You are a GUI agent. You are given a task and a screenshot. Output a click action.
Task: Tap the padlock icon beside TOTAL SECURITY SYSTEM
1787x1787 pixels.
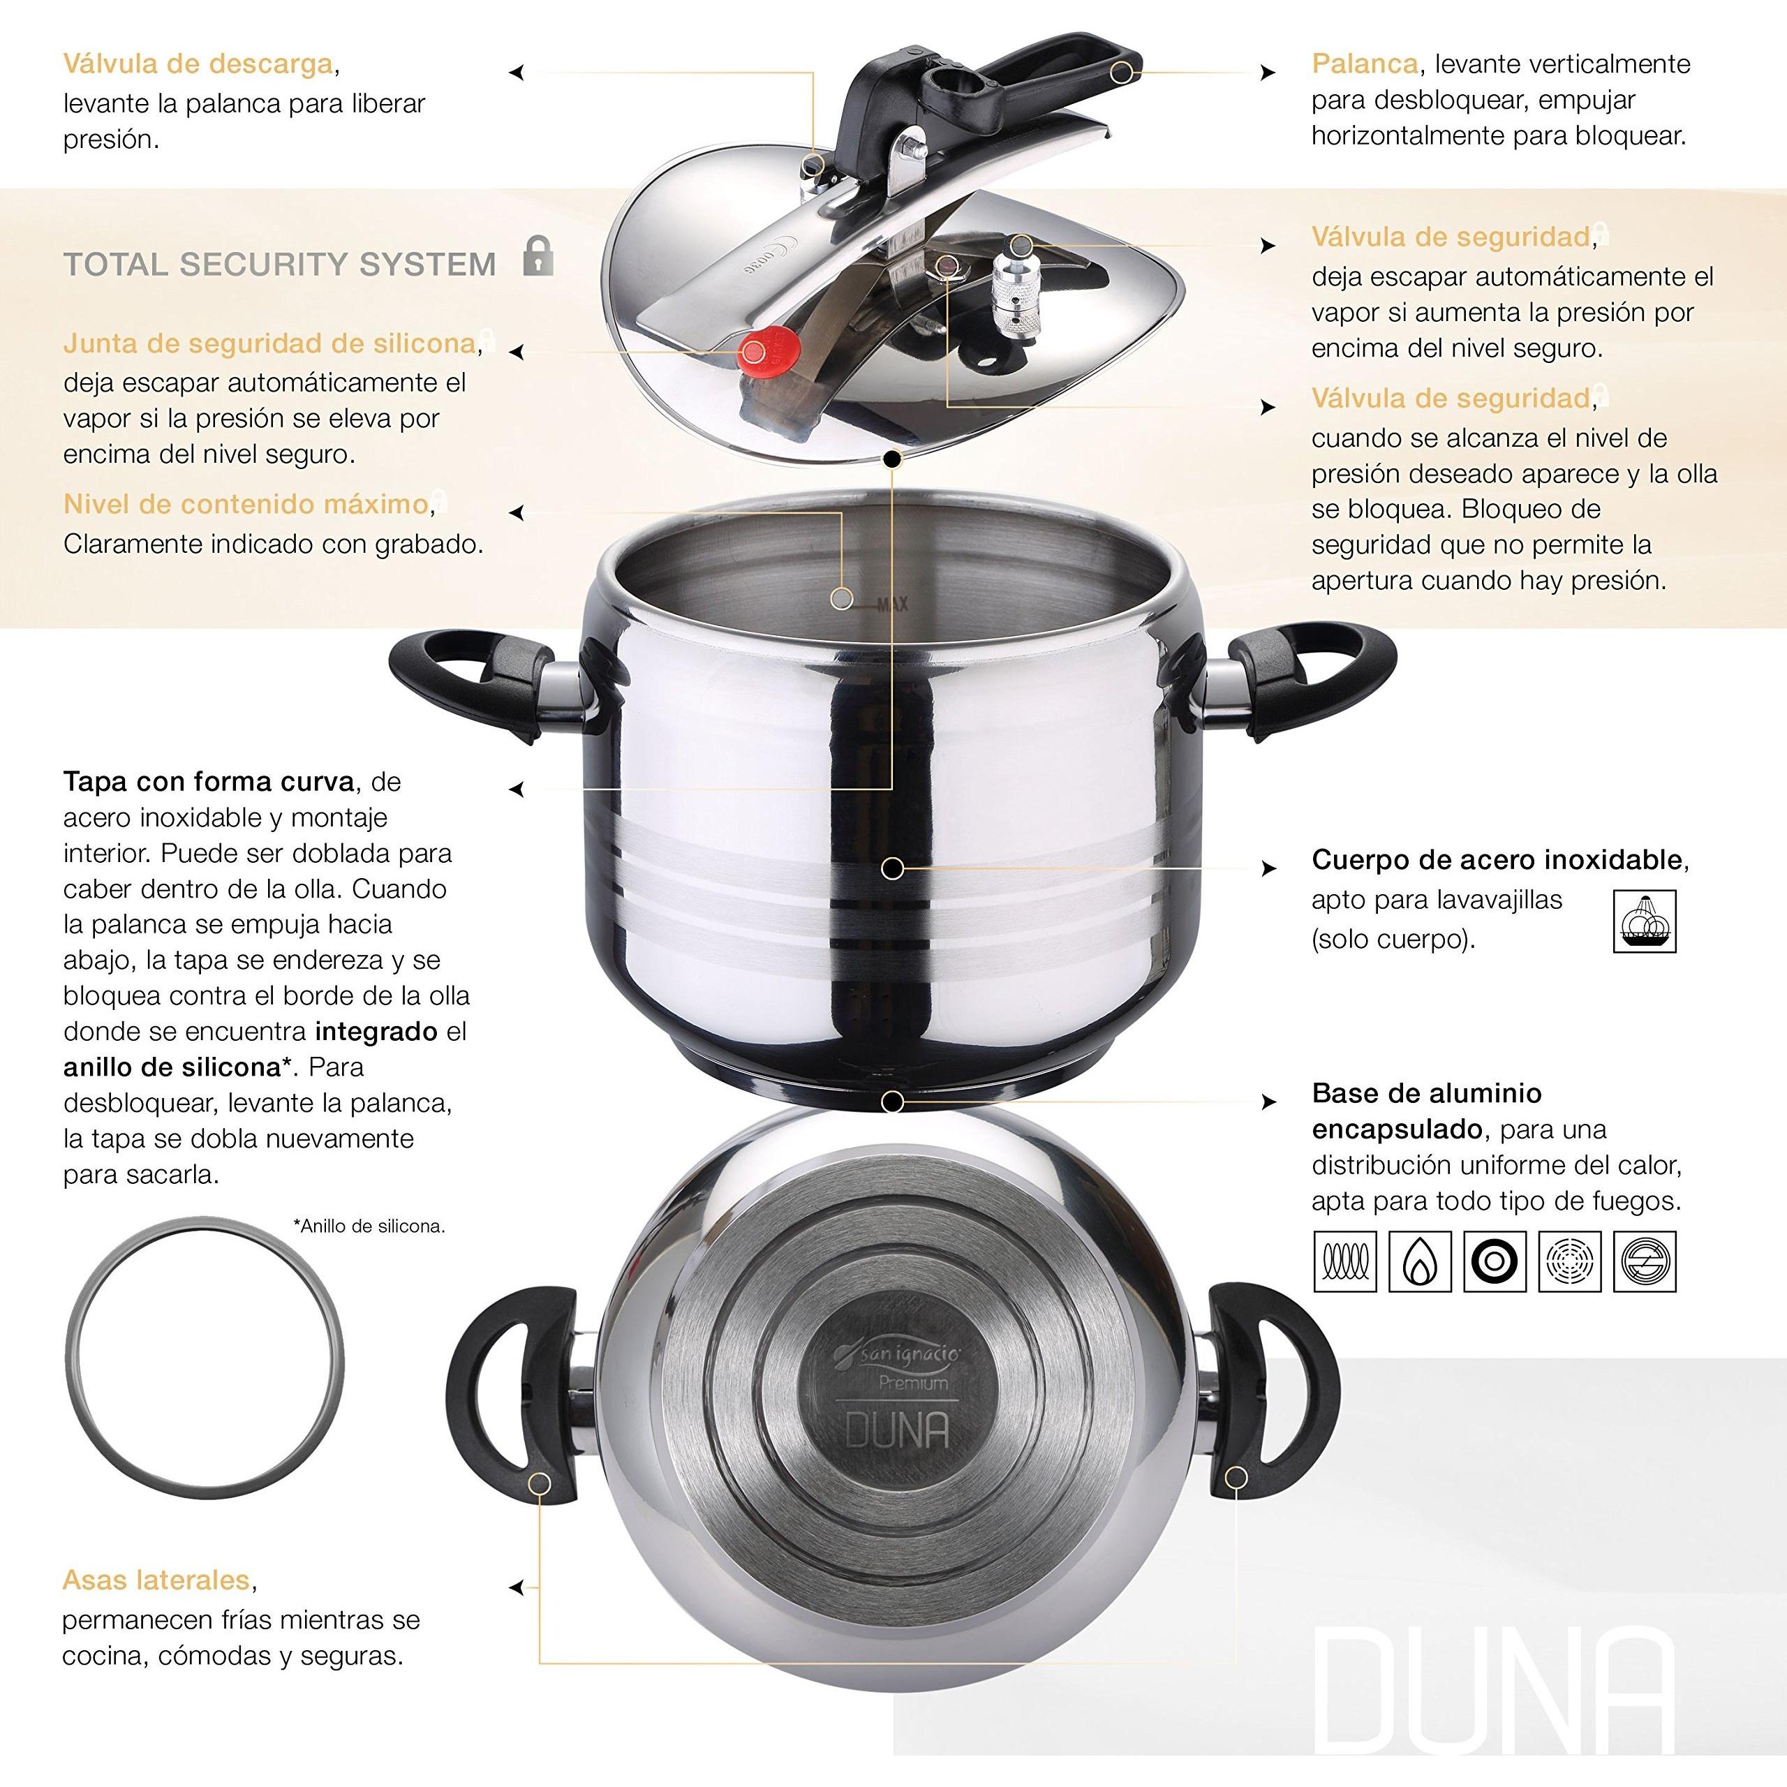tap(537, 256)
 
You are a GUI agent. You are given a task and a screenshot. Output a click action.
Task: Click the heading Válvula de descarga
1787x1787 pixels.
tap(198, 64)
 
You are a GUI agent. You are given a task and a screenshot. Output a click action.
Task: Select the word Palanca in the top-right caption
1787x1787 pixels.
tap(1364, 64)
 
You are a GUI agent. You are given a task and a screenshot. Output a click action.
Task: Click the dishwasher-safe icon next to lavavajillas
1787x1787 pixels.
tap(1644, 921)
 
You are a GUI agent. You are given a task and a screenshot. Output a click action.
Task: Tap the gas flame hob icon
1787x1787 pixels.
tap(1420, 1261)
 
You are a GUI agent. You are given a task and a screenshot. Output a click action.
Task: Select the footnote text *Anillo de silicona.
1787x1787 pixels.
tap(369, 1226)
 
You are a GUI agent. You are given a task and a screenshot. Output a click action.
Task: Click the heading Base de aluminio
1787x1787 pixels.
tap(1426, 1093)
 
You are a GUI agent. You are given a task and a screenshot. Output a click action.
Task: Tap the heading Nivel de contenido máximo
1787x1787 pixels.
tap(246, 504)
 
